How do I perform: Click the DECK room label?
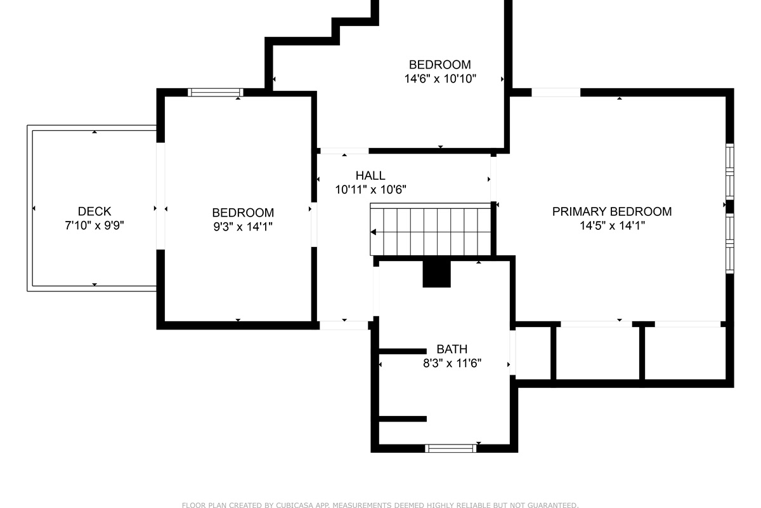[x=94, y=211]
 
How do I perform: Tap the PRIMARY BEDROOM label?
[x=612, y=211]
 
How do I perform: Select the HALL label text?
[x=370, y=175]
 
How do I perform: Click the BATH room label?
[x=452, y=349]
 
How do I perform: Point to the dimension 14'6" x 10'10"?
[x=440, y=79]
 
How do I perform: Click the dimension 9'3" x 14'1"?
[x=243, y=226]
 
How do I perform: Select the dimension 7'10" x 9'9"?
[x=94, y=225]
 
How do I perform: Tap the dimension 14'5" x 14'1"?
[x=612, y=225]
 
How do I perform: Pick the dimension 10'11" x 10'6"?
[x=370, y=189]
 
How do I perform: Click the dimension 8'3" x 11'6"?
[x=452, y=363]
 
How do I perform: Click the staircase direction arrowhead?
[x=373, y=232]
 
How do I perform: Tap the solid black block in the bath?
[x=436, y=274]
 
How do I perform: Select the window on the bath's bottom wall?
[x=450, y=448]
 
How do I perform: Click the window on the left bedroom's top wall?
[x=216, y=92]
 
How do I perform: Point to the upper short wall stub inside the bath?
[x=403, y=352]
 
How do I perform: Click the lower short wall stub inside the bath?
[x=403, y=419]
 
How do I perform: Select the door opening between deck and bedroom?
[x=160, y=196]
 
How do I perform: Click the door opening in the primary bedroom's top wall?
[x=556, y=92]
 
